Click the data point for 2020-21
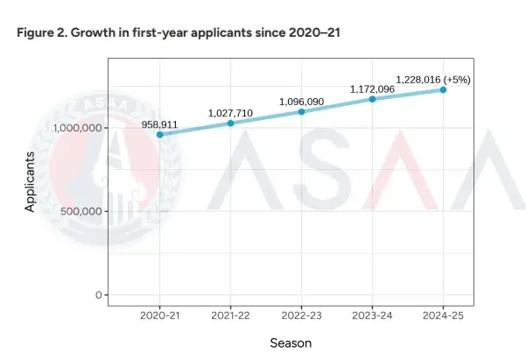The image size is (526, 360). pos(159,135)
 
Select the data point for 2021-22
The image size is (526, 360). pos(230,124)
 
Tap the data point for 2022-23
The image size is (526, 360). pos(301,111)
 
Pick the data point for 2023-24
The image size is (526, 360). pos(372,99)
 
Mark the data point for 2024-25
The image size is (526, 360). pos(443,89)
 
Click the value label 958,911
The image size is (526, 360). pos(159,124)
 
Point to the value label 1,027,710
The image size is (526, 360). pos(230,113)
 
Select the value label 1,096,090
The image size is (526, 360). pos(301,102)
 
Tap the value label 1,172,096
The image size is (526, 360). pos(372,89)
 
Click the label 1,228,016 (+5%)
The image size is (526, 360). pos(433,79)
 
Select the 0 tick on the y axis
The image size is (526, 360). pos(99,295)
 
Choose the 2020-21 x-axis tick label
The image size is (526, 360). pos(159,315)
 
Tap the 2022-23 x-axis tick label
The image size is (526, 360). pos(301,315)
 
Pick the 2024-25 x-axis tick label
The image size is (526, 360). pos(443,315)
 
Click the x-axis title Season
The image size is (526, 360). pos(291,343)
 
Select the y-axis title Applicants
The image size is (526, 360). pos(31,181)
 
